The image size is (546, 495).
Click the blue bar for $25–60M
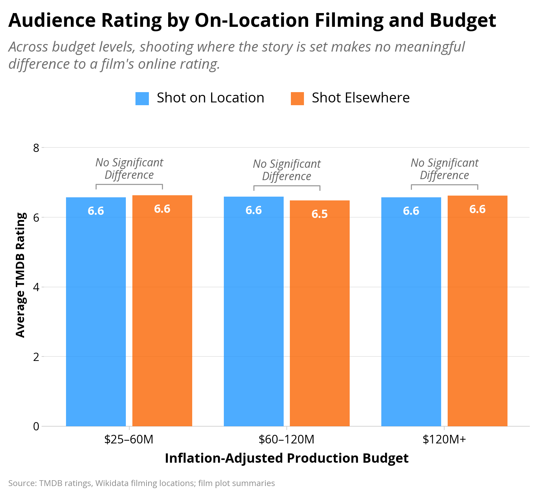96,312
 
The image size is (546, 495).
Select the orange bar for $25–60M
162,311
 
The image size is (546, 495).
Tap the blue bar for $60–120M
254,311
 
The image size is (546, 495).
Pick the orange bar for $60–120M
320,313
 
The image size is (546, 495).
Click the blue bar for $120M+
411,312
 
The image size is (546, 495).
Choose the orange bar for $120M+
478,311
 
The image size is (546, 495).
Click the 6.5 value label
320,214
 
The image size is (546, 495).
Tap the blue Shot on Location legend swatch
142,98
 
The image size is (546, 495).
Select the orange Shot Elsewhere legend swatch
297,98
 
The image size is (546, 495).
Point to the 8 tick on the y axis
36,148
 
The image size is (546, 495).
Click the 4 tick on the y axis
36,287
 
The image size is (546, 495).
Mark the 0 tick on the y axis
36,426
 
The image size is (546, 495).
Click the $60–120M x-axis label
287,439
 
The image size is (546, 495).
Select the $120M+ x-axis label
444,439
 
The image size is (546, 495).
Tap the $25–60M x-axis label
129,439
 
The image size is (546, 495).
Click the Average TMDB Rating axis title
21,275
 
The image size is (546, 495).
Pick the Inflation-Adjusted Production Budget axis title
287,458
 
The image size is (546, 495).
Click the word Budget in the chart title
463,20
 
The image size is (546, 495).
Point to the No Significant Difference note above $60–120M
287,170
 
